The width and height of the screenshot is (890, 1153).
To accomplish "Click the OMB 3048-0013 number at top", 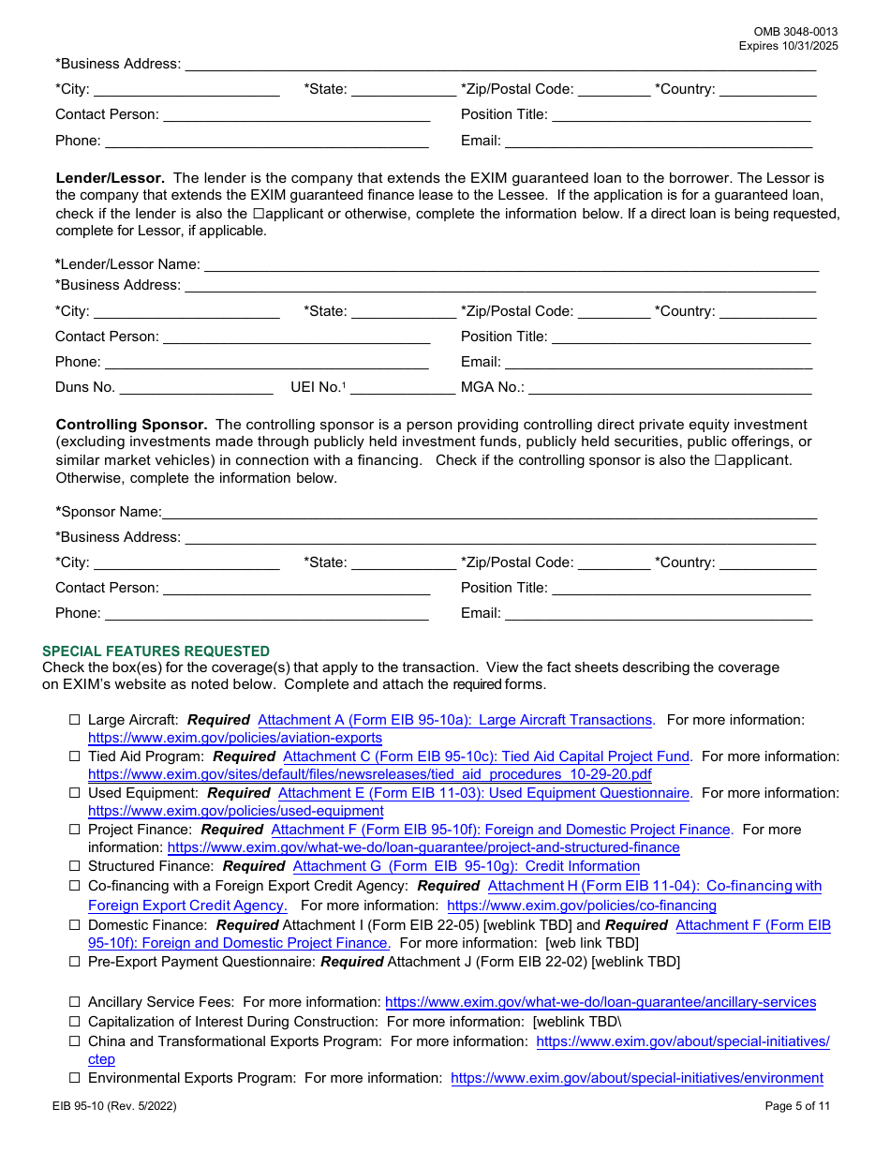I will pyautogui.click(x=795, y=32).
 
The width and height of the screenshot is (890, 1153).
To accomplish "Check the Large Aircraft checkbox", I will pyautogui.click(x=75, y=721).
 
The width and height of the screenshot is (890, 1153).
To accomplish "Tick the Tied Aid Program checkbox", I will pyautogui.click(x=75, y=756).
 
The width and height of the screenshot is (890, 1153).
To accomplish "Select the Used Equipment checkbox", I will pyautogui.click(x=75, y=793).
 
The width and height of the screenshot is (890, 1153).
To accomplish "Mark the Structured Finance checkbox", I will pyautogui.click(x=75, y=866).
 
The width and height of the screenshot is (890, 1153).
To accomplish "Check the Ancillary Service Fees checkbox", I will pyautogui.click(x=75, y=1002).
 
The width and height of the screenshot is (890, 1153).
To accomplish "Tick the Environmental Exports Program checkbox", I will pyautogui.click(x=75, y=1078).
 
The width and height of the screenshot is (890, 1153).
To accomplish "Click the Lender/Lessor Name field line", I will pyautogui.click(x=511, y=265).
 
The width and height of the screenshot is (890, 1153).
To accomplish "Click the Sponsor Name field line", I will pyautogui.click(x=489, y=513).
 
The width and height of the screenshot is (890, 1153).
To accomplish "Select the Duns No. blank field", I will pyautogui.click(x=196, y=387).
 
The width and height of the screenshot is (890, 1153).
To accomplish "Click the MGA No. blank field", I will pyautogui.click(x=670, y=387).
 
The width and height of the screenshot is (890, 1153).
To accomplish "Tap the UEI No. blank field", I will pyautogui.click(x=402, y=387).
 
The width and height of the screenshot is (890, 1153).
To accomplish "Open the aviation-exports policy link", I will pyautogui.click(x=235, y=739).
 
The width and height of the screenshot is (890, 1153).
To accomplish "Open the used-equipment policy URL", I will pyautogui.click(x=235, y=811).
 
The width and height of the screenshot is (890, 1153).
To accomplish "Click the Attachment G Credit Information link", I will pyautogui.click(x=466, y=866).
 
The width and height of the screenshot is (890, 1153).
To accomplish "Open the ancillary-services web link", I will pyautogui.click(x=600, y=1002).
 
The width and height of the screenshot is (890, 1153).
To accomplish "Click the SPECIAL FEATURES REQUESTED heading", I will pyautogui.click(x=156, y=651).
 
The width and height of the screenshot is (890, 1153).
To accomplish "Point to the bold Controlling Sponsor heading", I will pyautogui.click(x=131, y=425).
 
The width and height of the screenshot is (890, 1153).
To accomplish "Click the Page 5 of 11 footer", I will pyautogui.click(x=797, y=1106).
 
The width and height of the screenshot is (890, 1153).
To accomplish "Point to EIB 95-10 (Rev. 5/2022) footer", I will pyautogui.click(x=114, y=1106).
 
